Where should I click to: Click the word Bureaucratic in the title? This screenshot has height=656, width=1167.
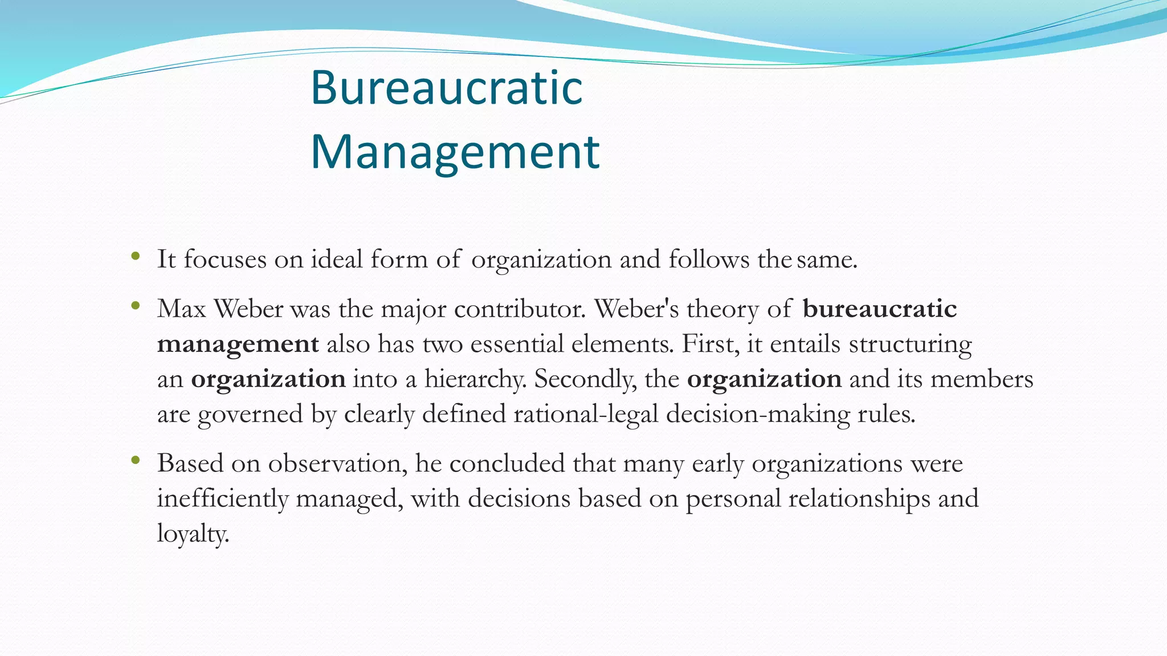[x=446, y=88]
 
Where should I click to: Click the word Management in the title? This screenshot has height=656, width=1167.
[x=455, y=152]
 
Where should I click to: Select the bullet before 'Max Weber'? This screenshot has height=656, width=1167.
[x=135, y=306]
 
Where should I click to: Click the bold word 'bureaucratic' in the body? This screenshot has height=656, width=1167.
[x=879, y=309]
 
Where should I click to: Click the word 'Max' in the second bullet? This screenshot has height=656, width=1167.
[x=181, y=309]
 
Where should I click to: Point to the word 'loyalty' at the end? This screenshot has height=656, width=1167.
[x=193, y=534]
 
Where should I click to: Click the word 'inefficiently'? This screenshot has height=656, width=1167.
[x=223, y=499]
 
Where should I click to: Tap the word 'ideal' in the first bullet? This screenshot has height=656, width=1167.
[x=337, y=259]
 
